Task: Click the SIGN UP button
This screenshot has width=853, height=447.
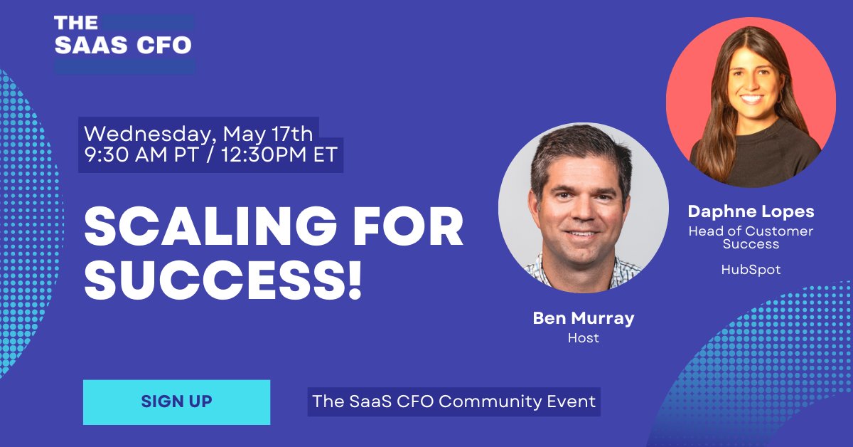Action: tap(176, 401)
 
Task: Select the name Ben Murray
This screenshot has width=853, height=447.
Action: tap(583, 318)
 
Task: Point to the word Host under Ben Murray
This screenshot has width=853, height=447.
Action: tap(583, 338)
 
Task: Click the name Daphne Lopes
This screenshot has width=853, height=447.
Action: tap(751, 211)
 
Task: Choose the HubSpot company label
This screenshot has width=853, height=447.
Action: tap(751, 270)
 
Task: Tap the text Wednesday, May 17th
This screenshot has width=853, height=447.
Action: tap(198, 134)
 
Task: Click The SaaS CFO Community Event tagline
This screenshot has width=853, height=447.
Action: tap(454, 401)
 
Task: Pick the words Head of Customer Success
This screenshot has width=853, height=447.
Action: tap(751, 237)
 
